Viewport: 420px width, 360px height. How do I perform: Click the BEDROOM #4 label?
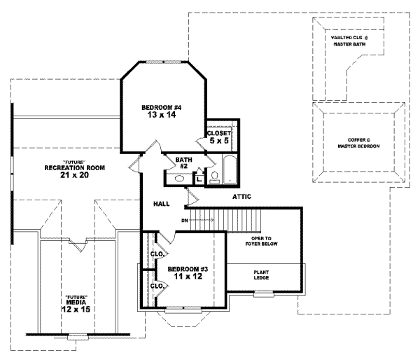(x=162, y=107)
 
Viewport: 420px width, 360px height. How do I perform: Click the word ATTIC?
(x=242, y=197)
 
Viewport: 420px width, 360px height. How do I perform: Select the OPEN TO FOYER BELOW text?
(x=263, y=242)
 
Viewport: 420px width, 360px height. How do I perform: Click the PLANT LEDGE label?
(x=263, y=275)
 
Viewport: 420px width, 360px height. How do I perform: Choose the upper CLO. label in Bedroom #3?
(x=157, y=254)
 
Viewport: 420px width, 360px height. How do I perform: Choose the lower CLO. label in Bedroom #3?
(x=157, y=286)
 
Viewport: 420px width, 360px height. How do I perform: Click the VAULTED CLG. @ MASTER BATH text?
(x=348, y=43)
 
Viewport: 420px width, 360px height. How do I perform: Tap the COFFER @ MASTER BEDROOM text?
(x=358, y=143)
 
